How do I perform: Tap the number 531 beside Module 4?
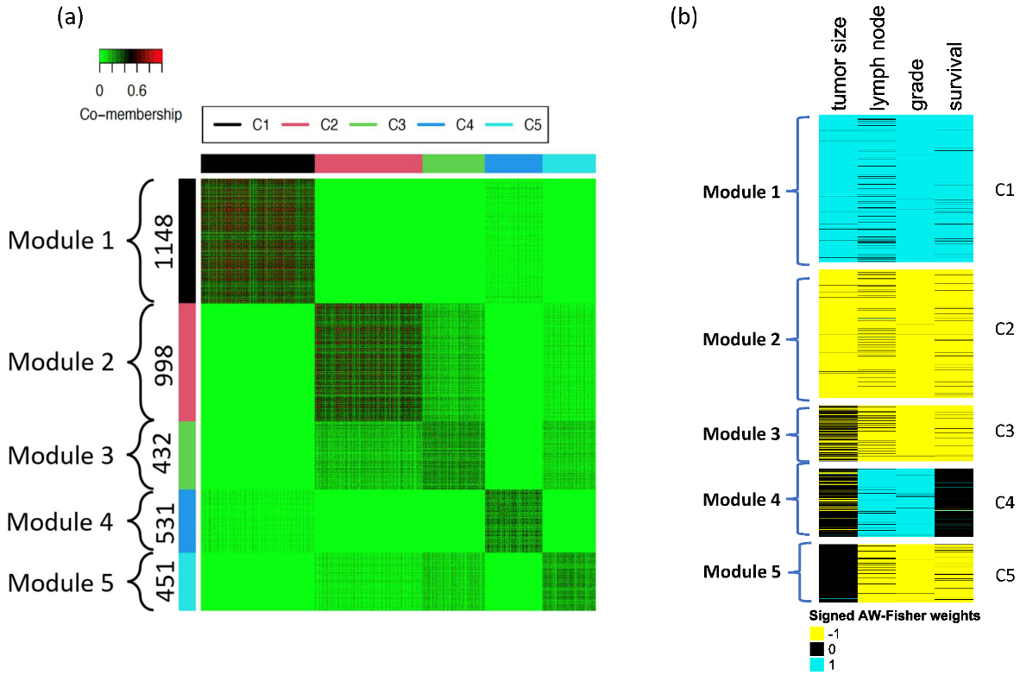162,522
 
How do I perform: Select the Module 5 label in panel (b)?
741,571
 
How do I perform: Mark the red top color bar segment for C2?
368,163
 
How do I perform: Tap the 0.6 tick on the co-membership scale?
135,89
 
